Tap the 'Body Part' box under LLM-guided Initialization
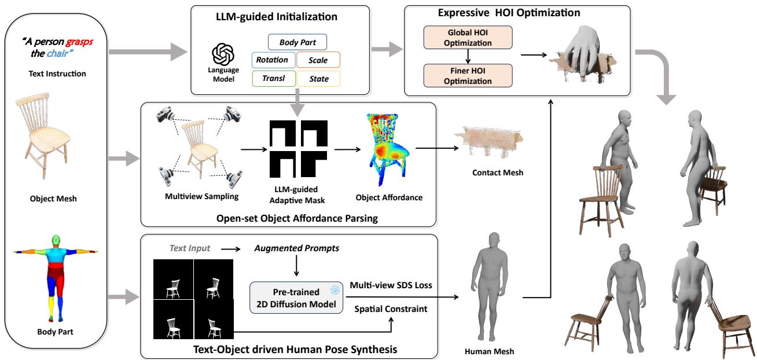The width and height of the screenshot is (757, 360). pyautogui.click(x=297, y=42)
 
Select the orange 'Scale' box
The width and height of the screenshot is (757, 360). pyautogui.click(x=318, y=60)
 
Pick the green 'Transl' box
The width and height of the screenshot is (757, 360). pyautogui.click(x=274, y=78)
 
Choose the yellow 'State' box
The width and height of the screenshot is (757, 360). pyautogui.click(x=318, y=78)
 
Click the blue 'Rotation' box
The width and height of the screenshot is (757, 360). pyautogui.click(x=273, y=60)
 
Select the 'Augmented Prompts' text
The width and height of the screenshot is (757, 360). pyautogui.click(x=296, y=248)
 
